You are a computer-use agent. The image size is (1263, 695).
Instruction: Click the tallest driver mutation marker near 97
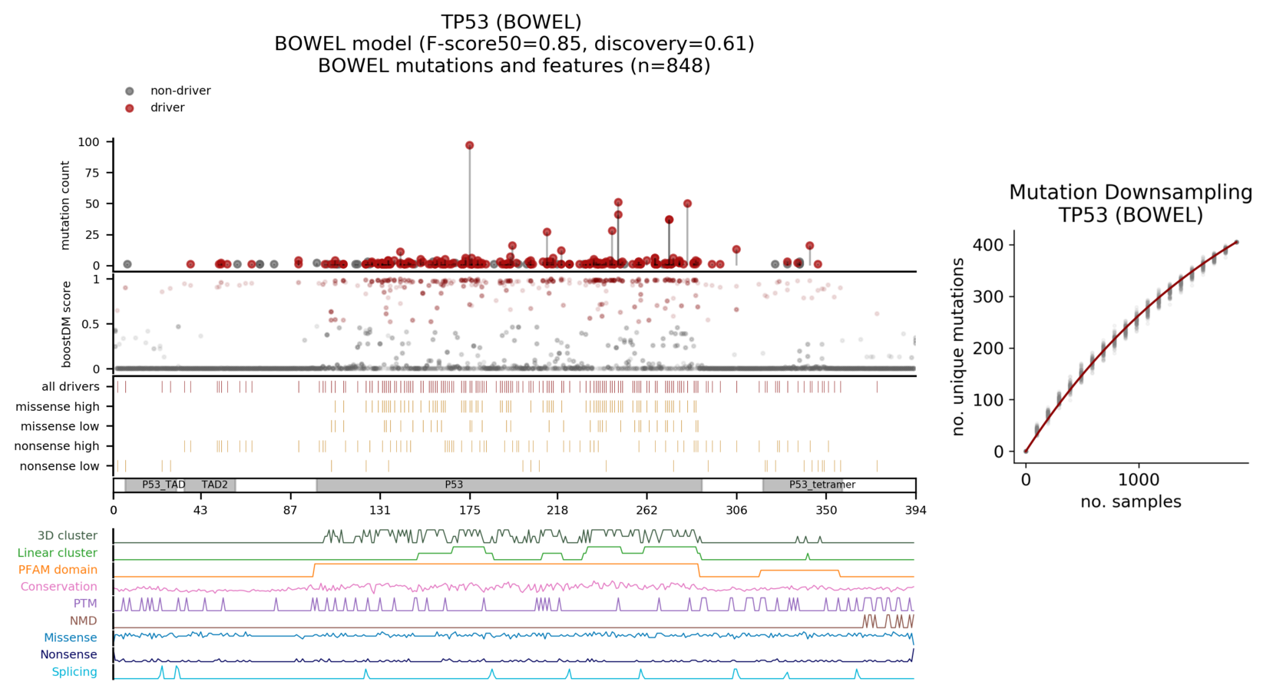tap(469, 145)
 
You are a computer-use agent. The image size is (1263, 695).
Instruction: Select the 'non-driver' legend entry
tap(180, 91)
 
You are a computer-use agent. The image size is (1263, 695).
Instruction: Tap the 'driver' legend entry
tap(167, 108)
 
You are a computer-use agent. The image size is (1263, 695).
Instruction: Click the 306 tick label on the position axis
tap(736, 510)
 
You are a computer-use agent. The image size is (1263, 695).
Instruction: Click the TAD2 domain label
tap(214, 485)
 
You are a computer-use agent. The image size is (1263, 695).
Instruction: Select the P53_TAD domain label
tap(164, 485)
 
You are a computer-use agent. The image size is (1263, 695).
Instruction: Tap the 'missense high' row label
tap(58, 406)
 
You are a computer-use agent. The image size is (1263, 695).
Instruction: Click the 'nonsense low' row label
tap(59, 466)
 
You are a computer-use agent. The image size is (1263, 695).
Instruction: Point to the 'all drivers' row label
tap(70, 386)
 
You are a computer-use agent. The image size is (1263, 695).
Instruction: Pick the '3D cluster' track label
tap(68, 535)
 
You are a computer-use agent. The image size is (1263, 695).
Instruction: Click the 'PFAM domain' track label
tap(58, 570)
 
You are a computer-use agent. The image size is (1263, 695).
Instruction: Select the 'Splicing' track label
tap(74, 672)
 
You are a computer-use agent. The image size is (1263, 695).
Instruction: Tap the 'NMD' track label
tap(83, 621)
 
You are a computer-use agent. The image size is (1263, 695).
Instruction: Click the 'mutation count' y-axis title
tap(64, 205)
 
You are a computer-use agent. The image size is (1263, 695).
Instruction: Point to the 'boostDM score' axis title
tap(66, 323)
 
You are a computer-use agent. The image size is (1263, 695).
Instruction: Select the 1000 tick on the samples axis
tap(1138, 480)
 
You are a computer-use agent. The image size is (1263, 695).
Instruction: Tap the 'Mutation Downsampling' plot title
tap(1130, 192)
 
